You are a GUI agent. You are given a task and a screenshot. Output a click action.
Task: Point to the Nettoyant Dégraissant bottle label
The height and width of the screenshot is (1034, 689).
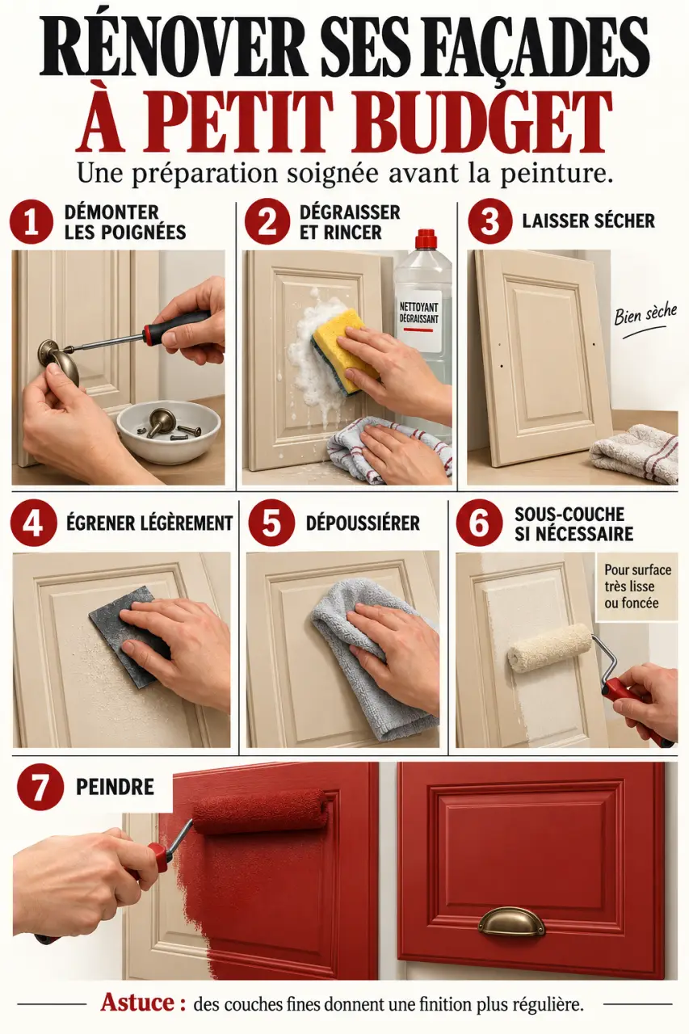[x=419, y=319]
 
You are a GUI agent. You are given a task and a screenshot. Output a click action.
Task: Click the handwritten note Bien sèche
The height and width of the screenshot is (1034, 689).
[x=645, y=315]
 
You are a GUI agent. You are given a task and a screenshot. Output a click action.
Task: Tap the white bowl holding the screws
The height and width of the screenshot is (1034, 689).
[x=169, y=431]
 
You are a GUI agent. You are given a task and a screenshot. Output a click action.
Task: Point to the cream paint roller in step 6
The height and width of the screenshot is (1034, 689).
[x=550, y=649]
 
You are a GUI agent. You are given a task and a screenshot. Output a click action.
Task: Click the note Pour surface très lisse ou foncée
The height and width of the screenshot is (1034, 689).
[x=637, y=586]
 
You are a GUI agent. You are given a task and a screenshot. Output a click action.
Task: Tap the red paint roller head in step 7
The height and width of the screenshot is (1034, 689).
[x=262, y=810]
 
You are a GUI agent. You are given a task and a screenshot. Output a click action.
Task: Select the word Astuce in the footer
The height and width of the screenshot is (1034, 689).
[x=137, y=1002]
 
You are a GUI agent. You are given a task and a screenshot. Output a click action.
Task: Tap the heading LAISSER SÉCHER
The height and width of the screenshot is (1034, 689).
[x=588, y=221]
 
